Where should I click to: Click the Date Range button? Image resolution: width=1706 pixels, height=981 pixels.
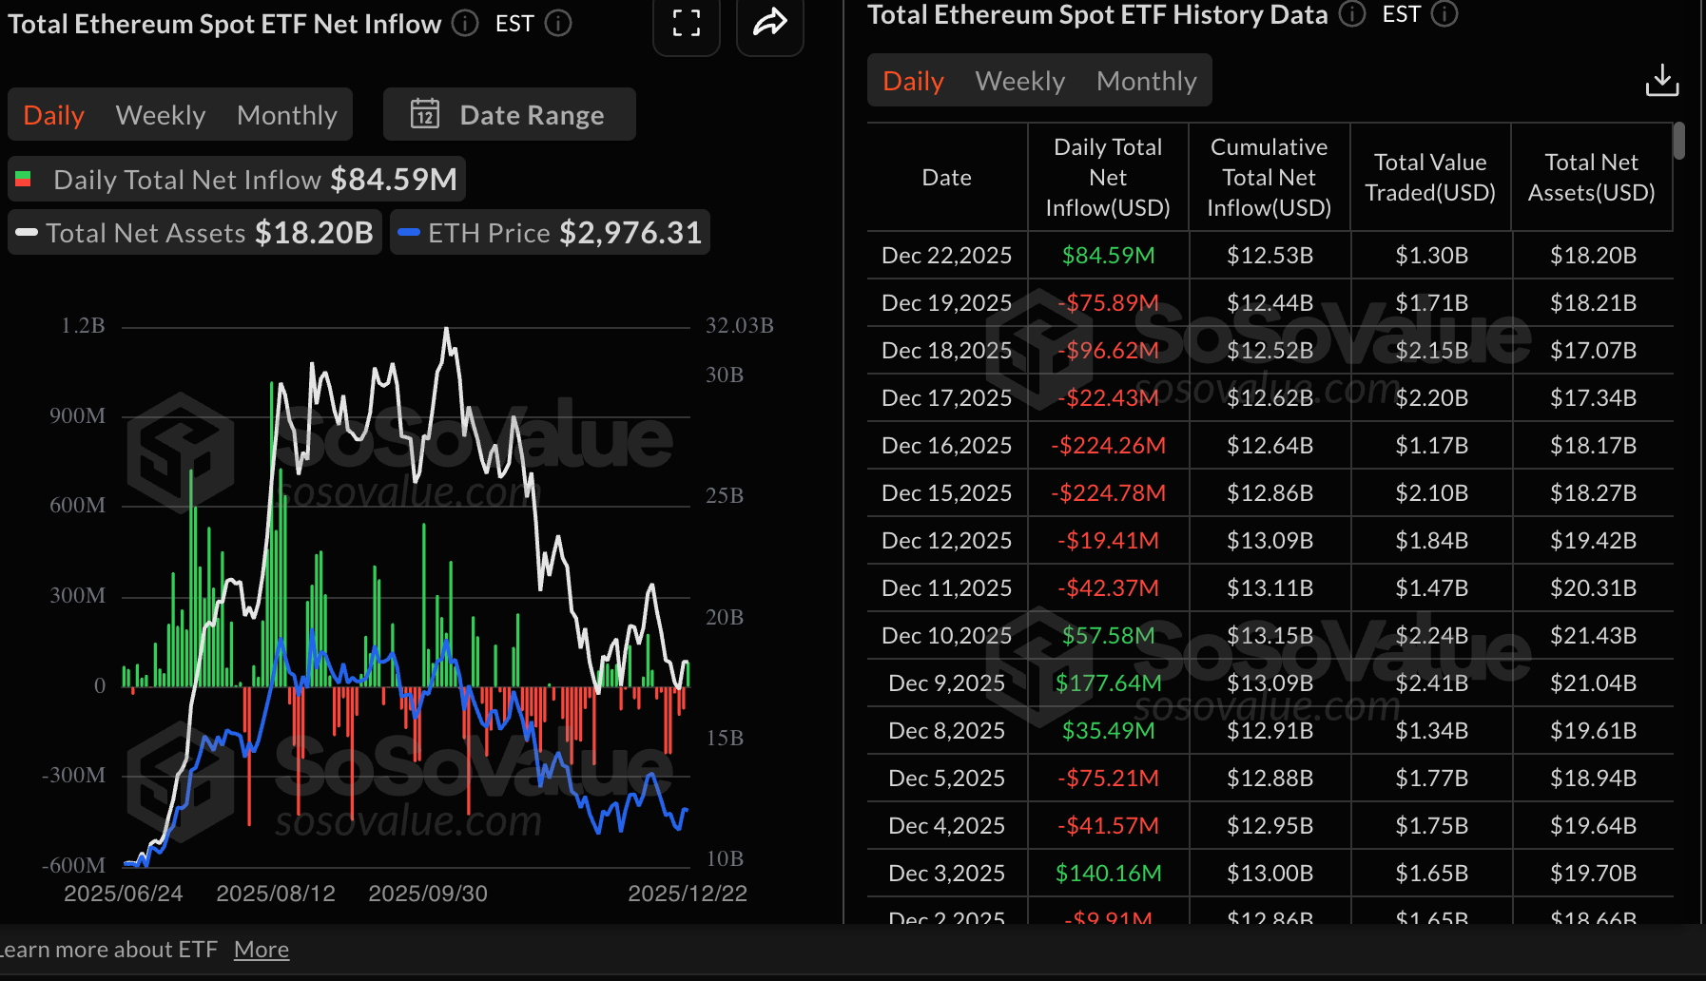509,115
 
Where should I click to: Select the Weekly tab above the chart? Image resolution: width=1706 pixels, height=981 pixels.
160,115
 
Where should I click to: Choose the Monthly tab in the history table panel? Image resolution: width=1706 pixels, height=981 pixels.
1146,81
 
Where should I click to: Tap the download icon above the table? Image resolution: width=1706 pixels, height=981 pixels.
1661,81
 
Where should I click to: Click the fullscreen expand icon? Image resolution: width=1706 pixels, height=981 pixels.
686,24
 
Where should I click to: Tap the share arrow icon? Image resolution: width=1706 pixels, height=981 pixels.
769,23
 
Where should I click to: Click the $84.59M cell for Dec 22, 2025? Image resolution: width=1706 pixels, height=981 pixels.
1108,256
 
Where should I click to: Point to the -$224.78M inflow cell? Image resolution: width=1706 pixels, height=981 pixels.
1108,493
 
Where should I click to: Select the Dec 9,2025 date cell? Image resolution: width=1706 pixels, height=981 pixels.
946,683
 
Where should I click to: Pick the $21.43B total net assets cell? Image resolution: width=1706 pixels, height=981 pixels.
1593,636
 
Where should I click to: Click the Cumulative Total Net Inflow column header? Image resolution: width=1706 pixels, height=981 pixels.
1269,178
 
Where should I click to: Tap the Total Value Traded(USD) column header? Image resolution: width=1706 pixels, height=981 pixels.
1430,178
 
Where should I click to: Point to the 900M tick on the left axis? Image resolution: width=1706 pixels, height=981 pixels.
77,416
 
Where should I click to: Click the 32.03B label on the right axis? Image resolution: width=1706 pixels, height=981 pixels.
739,326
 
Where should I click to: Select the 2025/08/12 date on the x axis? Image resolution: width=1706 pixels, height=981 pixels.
276,894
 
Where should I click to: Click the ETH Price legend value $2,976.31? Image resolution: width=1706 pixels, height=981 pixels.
630,233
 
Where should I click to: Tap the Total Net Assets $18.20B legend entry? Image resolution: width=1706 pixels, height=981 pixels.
195,233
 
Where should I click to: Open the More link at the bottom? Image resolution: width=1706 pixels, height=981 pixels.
262,950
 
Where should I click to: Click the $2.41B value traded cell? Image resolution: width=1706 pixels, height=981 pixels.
1431,683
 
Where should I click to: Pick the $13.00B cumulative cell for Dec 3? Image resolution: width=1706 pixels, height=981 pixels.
1270,874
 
